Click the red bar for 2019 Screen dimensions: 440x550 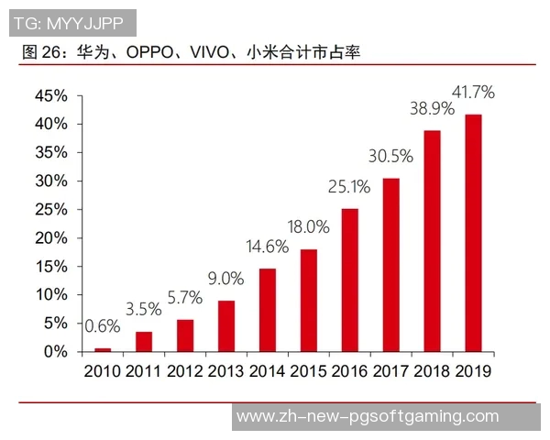(x=473, y=233)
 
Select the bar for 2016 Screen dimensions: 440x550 (x=349, y=280)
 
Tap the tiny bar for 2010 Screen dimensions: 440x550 (x=103, y=349)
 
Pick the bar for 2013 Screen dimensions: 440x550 (x=226, y=325)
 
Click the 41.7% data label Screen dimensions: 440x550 (x=473, y=92)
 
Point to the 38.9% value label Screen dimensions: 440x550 (x=432, y=108)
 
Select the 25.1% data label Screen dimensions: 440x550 (x=349, y=187)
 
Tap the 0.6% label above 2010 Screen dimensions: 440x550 (x=103, y=326)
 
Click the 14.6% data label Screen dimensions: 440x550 (x=267, y=247)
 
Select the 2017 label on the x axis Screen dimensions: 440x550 (x=390, y=371)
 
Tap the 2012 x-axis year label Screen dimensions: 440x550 (x=185, y=371)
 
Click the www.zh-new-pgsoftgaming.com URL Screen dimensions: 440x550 (x=368, y=416)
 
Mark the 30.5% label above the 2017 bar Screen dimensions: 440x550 (x=390, y=156)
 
